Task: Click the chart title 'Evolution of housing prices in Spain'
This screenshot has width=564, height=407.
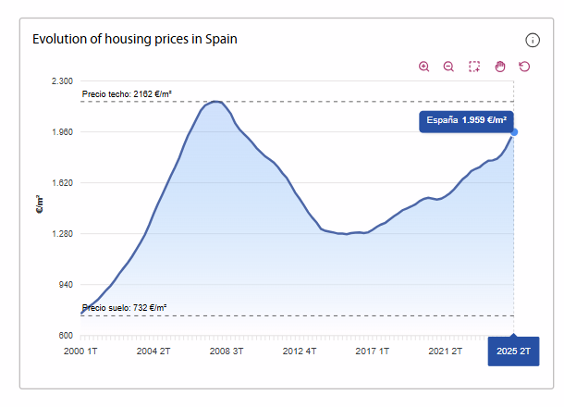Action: (135, 39)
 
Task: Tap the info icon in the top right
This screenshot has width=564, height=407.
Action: (533, 40)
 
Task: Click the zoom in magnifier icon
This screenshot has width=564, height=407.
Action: (424, 67)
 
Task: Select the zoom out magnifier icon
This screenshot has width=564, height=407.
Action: (448, 67)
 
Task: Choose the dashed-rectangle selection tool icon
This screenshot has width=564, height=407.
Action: (474, 67)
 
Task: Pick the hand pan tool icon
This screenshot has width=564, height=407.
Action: (499, 67)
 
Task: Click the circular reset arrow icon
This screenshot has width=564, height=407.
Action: (524, 67)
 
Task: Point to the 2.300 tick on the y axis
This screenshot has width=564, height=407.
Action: (61, 81)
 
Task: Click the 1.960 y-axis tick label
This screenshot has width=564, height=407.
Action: (61, 132)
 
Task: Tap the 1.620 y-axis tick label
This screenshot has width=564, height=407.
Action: (61, 183)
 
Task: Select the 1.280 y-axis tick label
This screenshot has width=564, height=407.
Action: (61, 234)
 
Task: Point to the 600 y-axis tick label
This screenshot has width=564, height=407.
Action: (66, 336)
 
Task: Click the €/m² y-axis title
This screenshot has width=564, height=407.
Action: (40, 204)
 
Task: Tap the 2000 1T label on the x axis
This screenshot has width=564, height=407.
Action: (81, 351)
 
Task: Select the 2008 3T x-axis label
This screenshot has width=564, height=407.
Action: (227, 351)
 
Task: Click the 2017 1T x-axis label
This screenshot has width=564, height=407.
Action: (373, 351)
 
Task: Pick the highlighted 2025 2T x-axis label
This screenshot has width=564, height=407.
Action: (513, 351)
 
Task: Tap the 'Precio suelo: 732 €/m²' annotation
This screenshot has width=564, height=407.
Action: (124, 308)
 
